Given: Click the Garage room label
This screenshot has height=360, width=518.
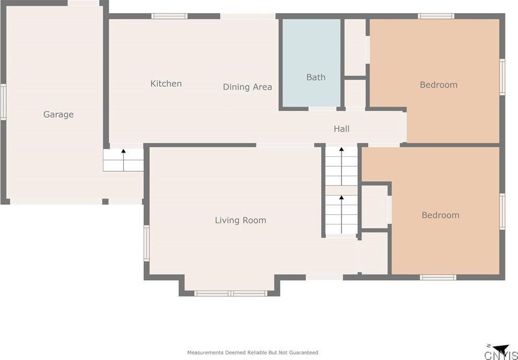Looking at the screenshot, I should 58,114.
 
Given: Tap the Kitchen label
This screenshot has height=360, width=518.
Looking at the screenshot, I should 166,84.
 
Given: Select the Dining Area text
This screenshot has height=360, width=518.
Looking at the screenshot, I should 247,87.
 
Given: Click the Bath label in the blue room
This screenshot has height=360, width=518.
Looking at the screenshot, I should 315,77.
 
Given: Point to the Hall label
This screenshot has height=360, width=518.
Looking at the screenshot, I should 342,129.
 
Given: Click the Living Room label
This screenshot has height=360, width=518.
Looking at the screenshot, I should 240,220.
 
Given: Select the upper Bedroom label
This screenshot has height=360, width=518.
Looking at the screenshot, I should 438,85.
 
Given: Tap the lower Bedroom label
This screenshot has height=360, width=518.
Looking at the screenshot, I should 440,215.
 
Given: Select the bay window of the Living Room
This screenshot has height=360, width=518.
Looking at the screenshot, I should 230,293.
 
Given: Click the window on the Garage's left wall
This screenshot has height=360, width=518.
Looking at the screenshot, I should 3,102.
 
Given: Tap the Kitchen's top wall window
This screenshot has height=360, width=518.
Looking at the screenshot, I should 169,16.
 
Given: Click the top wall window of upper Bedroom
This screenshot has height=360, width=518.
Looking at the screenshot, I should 435,16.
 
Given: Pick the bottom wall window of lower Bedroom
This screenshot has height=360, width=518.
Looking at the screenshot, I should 438,277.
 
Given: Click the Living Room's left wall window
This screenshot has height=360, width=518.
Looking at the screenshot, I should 146,242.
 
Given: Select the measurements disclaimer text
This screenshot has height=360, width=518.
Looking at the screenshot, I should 252,353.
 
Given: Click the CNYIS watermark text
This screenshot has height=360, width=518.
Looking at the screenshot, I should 501,356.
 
